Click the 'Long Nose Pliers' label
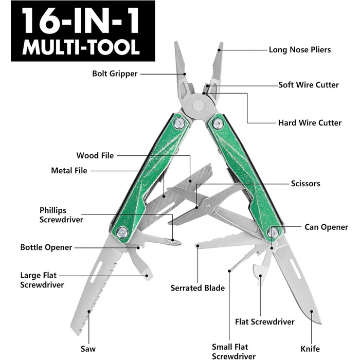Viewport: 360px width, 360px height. tap(300, 49)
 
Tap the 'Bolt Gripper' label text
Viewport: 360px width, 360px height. tap(115, 74)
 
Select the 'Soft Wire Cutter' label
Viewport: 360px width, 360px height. tap(309, 85)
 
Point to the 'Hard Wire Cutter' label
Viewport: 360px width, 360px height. tap(310, 123)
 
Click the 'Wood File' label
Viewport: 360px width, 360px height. tap(95, 155)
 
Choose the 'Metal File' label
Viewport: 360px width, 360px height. tap(69, 171)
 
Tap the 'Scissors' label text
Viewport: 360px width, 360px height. tap(305, 184)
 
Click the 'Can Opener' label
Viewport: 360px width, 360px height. tap(326, 227)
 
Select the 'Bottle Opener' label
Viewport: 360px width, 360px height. tap(46, 247)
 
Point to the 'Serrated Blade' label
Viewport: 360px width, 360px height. tap(197, 288)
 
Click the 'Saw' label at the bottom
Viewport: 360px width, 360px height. tap(88, 349)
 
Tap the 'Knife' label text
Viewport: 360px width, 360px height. tap(310, 349)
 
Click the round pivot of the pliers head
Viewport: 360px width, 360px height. tap(199, 105)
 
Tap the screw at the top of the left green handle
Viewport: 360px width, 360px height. tap(179, 123)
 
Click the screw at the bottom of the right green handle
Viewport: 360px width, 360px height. tap(273, 232)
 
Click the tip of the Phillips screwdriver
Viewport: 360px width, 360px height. tap(181, 242)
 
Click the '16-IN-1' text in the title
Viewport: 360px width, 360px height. tap(81, 21)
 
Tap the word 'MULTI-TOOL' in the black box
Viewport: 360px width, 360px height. tap(81, 47)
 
